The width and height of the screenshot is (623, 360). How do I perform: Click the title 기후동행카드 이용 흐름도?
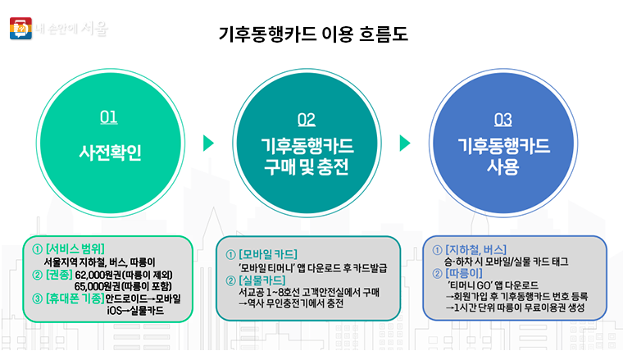313,35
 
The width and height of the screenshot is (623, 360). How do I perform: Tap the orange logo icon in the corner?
18,29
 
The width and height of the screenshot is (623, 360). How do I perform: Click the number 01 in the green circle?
108,118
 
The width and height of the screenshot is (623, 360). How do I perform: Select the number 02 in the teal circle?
306,120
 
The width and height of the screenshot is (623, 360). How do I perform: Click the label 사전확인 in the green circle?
110,153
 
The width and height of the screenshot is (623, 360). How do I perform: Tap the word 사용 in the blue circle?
503,166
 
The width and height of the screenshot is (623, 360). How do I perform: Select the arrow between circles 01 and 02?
208,144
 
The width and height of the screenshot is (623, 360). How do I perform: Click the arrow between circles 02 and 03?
405,144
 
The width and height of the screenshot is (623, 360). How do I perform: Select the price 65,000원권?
99,285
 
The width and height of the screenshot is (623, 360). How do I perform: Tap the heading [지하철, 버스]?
475,248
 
